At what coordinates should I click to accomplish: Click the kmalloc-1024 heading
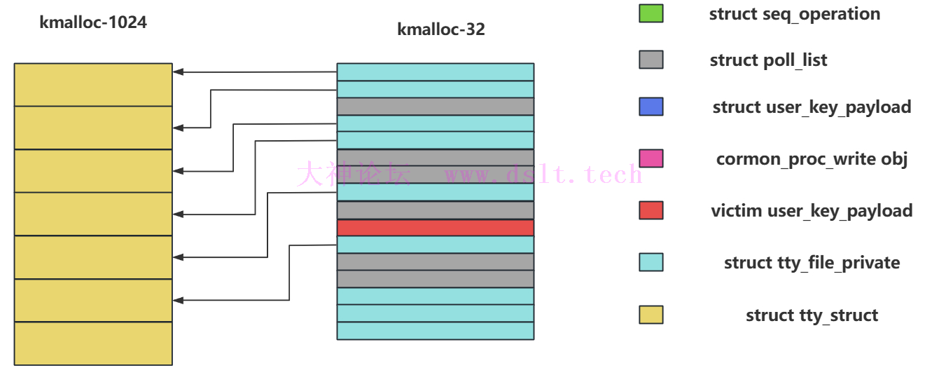click(x=93, y=22)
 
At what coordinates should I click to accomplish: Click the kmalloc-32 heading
click(x=440, y=29)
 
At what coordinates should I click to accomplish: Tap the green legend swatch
click(x=651, y=13)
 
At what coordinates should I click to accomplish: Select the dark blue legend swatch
click(x=651, y=107)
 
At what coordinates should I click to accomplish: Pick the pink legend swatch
click(x=651, y=158)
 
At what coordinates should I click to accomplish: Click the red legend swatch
click(x=651, y=210)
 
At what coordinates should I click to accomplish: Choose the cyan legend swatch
click(x=651, y=262)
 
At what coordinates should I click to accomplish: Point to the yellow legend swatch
click(x=651, y=315)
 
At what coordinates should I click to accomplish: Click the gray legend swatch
click(x=651, y=60)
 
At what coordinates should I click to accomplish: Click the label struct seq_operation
click(x=794, y=14)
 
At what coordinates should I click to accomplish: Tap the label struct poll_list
click(x=768, y=60)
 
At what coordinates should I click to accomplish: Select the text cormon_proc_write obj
click(x=812, y=159)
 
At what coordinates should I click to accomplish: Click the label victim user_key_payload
click(x=812, y=211)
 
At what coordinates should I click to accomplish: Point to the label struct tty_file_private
click(x=812, y=263)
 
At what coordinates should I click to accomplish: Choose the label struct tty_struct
click(x=812, y=315)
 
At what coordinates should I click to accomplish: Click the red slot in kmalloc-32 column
click(x=435, y=228)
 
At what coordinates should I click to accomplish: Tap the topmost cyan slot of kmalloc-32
click(x=435, y=72)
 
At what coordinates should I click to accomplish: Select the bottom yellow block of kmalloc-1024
click(x=93, y=343)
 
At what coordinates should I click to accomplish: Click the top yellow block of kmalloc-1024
click(x=93, y=85)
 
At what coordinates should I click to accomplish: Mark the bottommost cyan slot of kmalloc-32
click(x=435, y=331)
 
